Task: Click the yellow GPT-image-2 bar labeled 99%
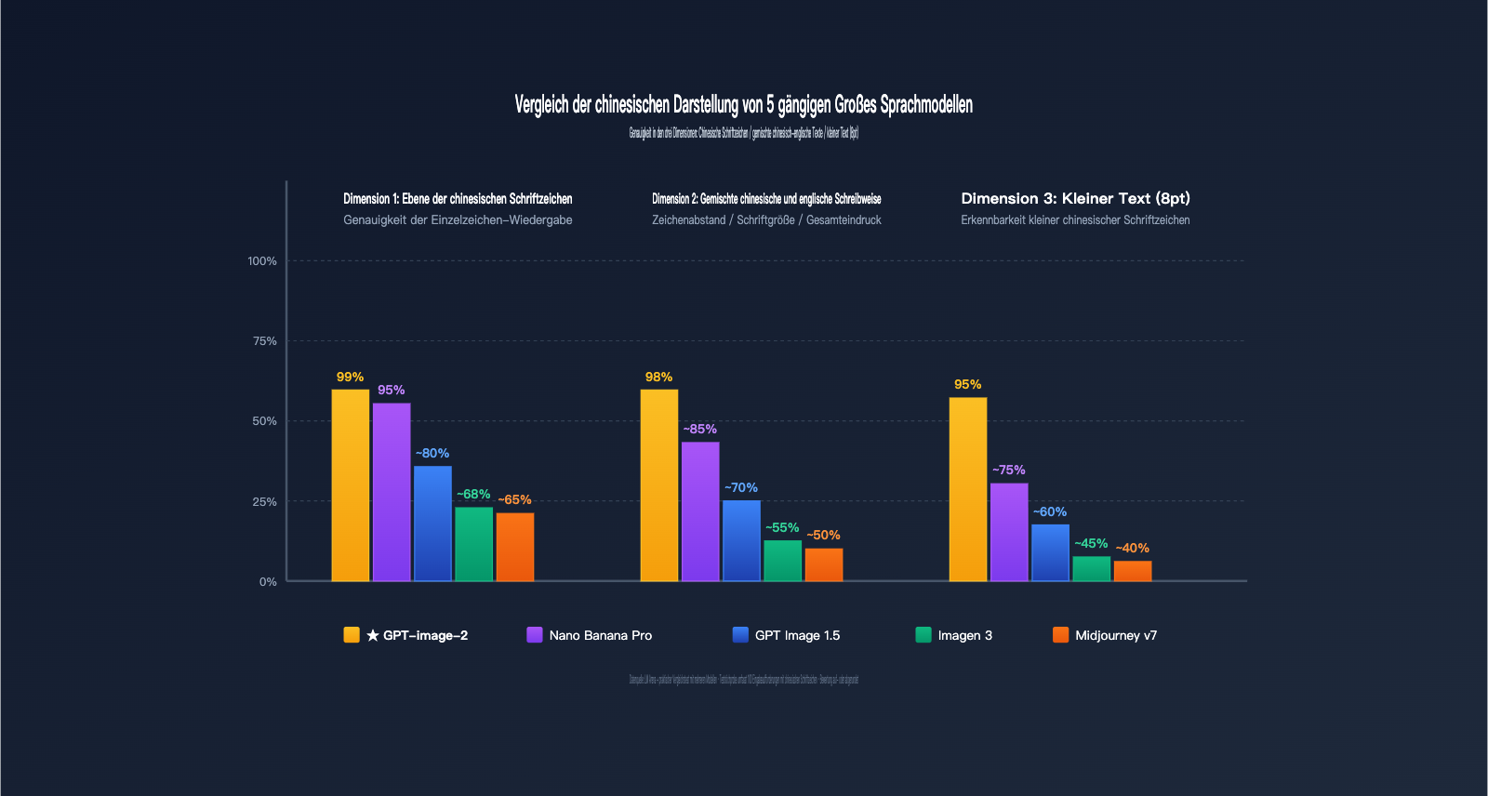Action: pyautogui.click(x=351, y=485)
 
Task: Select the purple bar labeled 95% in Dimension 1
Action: pyautogui.click(x=392, y=492)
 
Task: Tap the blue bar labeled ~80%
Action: pyautogui.click(x=432, y=524)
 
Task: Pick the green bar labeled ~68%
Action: pyautogui.click(x=473, y=544)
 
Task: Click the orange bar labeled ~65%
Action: pyautogui.click(x=514, y=547)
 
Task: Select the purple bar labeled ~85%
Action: pyautogui.click(x=700, y=511)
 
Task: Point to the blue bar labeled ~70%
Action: pyautogui.click(x=741, y=540)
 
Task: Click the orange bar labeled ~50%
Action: pyautogui.click(x=823, y=564)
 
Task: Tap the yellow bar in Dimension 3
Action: pyautogui.click(x=968, y=489)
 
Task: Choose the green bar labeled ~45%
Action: pyautogui.click(x=1091, y=568)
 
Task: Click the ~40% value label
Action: pyautogui.click(x=1132, y=549)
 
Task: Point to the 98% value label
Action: pyautogui.click(x=658, y=377)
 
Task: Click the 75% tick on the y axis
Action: pyautogui.click(x=265, y=341)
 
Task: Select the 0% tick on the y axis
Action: pyautogui.click(x=268, y=582)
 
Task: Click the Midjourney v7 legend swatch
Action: pyautogui.click(x=1060, y=635)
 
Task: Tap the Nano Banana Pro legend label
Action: pyautogui.click(x=600, y=635)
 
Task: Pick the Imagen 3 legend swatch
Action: pyautogui.click(x=923, y=635)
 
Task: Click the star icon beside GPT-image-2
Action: pyautogui.click(x=373, y=635)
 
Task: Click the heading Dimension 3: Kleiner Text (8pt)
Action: pyautogui.click(x=1075, y=198)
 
